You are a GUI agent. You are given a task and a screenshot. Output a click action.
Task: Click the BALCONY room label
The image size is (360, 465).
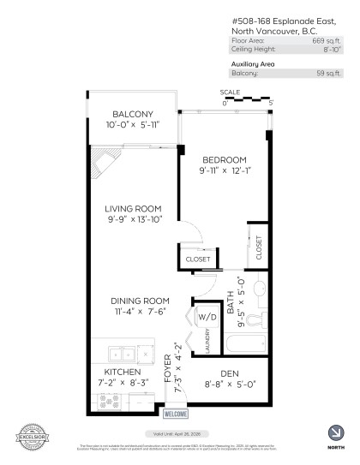(132, 115)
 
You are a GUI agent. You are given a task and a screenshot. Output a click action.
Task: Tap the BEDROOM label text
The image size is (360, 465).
(224, 159)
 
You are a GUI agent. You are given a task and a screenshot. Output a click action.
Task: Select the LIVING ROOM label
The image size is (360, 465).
(134, 208)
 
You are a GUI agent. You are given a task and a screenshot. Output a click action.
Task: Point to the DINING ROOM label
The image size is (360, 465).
(137, 300)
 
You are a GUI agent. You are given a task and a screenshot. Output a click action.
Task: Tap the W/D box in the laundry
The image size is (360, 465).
(206, 317)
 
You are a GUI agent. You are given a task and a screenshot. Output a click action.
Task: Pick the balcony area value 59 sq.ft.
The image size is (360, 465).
(331, 73)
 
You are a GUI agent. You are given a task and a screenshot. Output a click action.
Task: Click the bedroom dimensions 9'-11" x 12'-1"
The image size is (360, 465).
(224, 171)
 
